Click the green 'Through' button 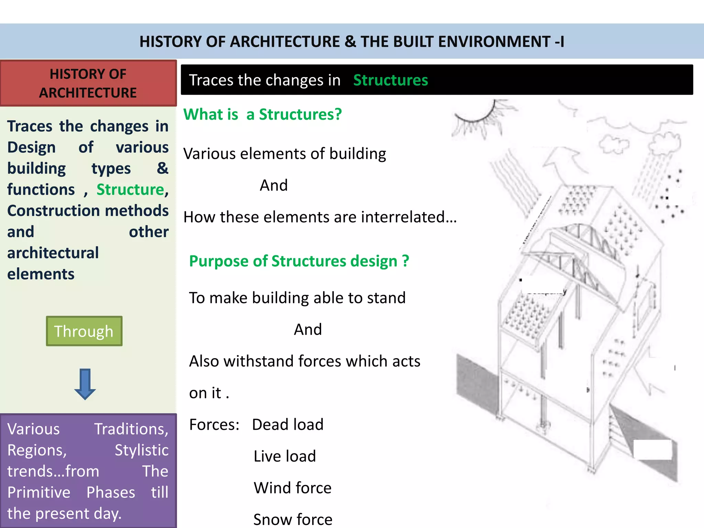pyautogui.click(x=84, y=331)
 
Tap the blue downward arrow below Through pyautogui.click(x=85, y=384)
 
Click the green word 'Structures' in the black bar pyautogui.click(x=390, y=80)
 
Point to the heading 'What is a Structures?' pyautogui.click(x=263, y=114)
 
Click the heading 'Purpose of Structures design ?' pyautogui.click(x=299, y=261)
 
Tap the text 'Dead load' pyautogui.click(x=288, y=425)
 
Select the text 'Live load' pyautogui.click(x=285, y=456)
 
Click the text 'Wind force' pyautogui.click(x=293, y=488)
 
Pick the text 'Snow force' pyautogui.click(x=293, y=519)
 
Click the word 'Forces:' pyautogui.click(x=214, y=425)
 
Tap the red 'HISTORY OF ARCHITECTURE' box pyautogui.click(x=88, y=83)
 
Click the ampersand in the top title pyautogui.click(x=350, y=42)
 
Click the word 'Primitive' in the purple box pyautogui.click(x=39, y=492)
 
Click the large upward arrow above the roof pyautogui.click(x=564, y=165)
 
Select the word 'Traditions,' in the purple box pyautogui.click(x=131, y=429)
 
